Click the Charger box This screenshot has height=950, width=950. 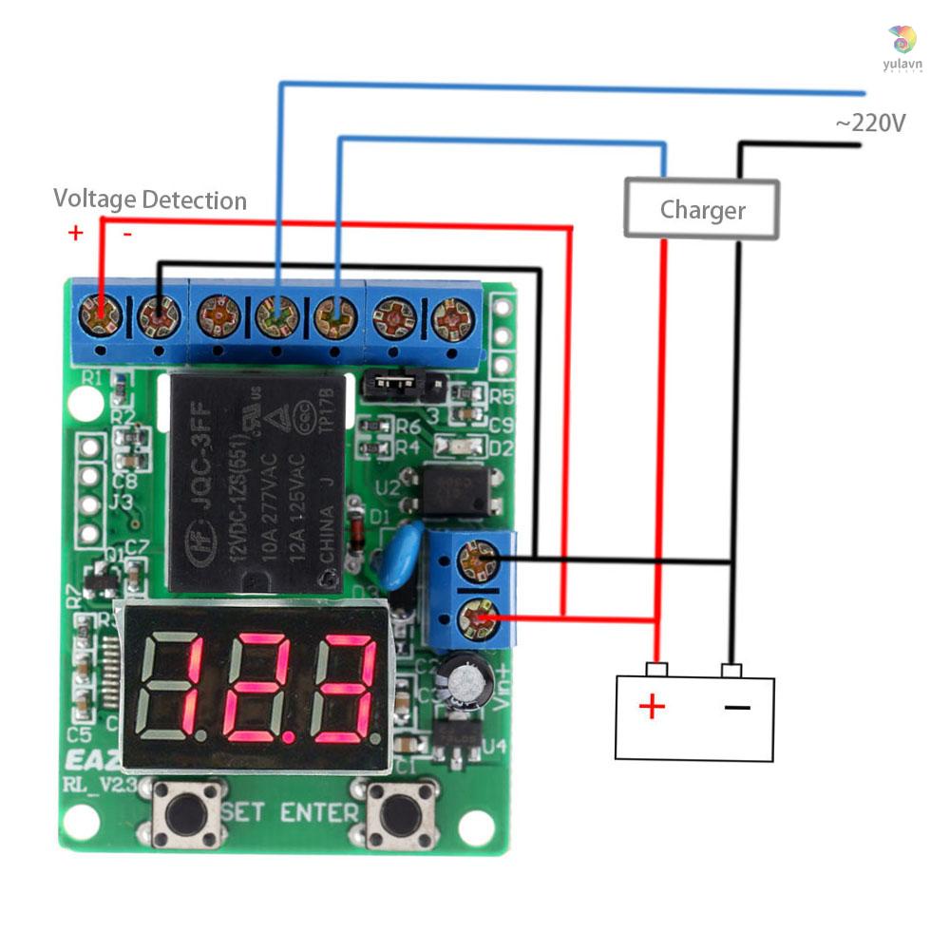click(701, 209)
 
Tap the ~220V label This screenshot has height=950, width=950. click(869, 123)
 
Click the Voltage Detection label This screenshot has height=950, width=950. click(150, 199)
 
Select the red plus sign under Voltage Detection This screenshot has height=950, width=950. click(76, 233)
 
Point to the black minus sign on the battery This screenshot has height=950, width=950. click(738, 707)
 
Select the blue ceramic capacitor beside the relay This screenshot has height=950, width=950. click(398, 556)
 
